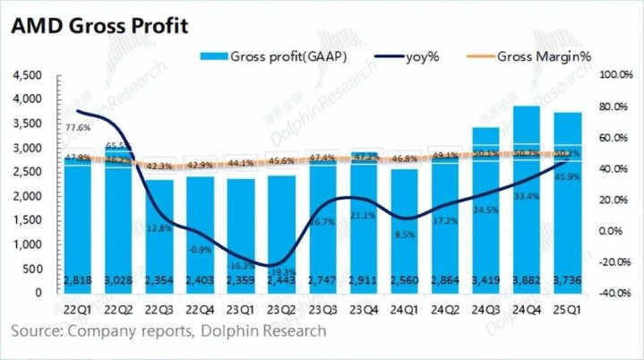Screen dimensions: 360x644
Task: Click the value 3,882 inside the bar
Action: pyautogui.click(x=526, y=280)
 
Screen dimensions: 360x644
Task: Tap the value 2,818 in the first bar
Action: pyautogui.click(x=80, y=280)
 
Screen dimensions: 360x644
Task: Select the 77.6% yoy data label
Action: pyautogui.click(x=78, y=128)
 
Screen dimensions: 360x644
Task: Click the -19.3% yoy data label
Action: pyautogui.click(x=283, y=270)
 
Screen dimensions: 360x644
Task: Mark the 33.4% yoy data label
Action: pyautogui.click(x=525, y=196)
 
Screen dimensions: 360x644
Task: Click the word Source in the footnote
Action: pyautogui.click(x=36, y=331)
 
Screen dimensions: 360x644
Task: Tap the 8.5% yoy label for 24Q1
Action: pyautogui.click(x=404, y=235)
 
